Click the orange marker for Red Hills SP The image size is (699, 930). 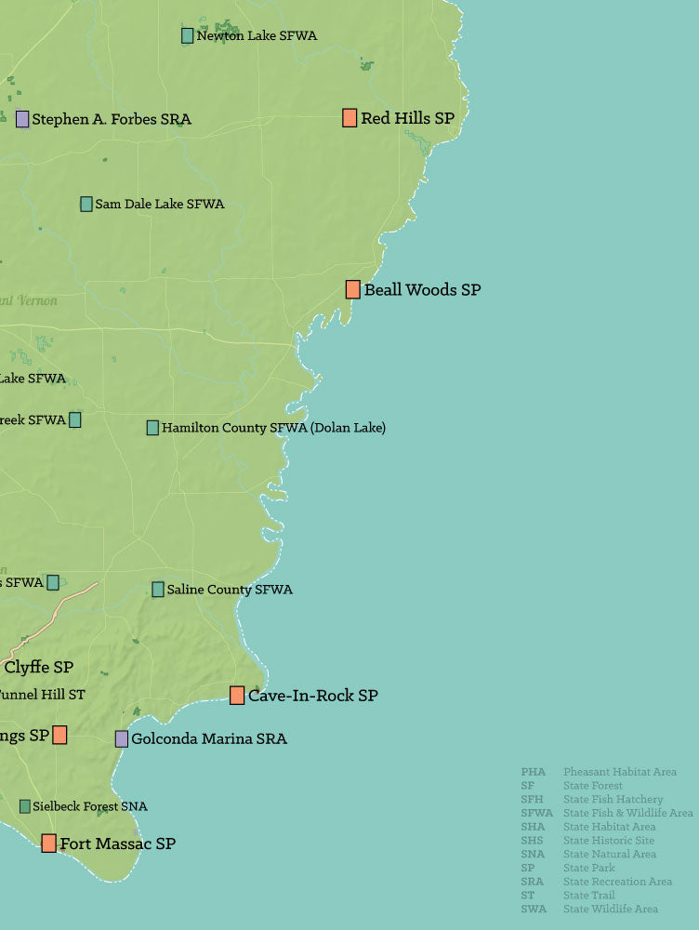tap(349, 118)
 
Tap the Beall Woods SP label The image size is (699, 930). tap(422, 290)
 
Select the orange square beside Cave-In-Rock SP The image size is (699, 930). tap(237, 696)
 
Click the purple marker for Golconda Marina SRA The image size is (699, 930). tap(122, 739)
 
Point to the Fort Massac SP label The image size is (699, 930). tap(117, 844)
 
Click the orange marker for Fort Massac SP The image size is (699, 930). tap(48, 844)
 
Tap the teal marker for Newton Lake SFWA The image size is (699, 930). tap(187, 35)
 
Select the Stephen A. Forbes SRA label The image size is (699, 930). tap(111, 119)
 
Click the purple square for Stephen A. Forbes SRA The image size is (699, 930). tap(22, 119)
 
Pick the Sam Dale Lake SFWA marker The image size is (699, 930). tap(86, 204)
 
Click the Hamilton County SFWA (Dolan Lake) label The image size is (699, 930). tap(273, 428)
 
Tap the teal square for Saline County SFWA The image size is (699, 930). tap(158, 590)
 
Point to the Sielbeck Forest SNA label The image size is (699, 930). tap(89, 806)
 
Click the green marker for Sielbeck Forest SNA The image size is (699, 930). tap(24, 806)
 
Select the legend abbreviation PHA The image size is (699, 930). tap(533, 772)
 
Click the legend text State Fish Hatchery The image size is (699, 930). tap(613, 800)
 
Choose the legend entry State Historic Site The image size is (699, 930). tap(608, 841)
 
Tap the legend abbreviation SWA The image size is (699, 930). tap(534, 909)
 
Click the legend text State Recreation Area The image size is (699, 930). tap(617, 882)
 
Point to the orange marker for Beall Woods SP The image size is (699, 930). tap(353, 289)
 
